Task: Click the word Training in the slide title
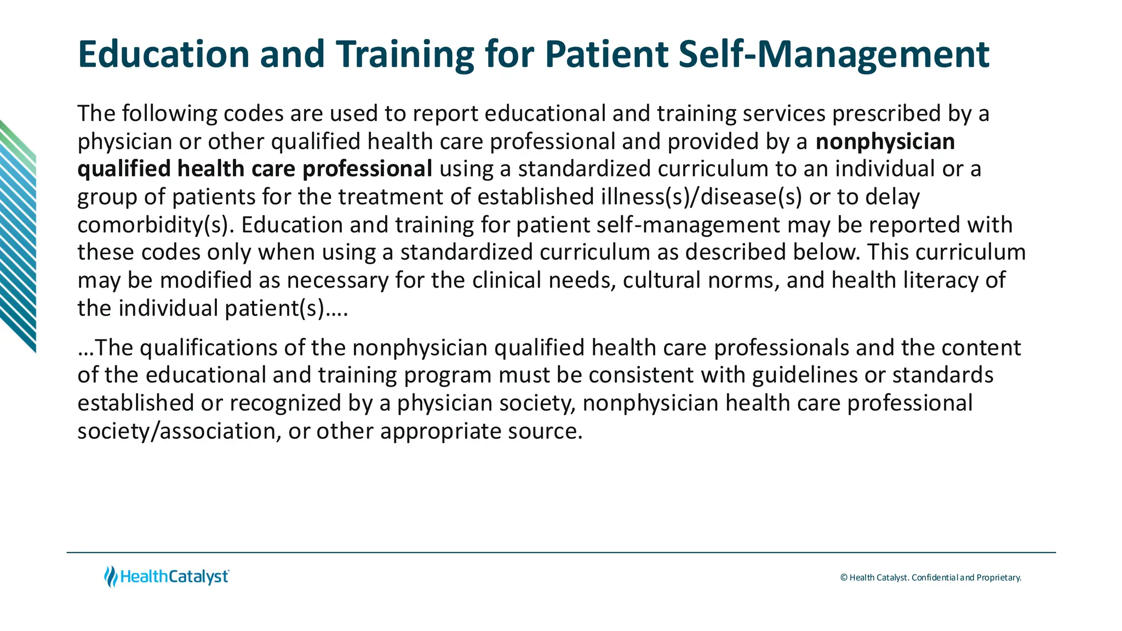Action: (405, 55)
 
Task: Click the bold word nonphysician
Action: (885, 141)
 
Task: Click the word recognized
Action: (285, 404)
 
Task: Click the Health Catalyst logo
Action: (167, 577)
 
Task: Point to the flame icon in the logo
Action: (111, 577)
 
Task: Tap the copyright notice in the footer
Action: (930, 577)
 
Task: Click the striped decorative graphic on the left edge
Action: (18, 236)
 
